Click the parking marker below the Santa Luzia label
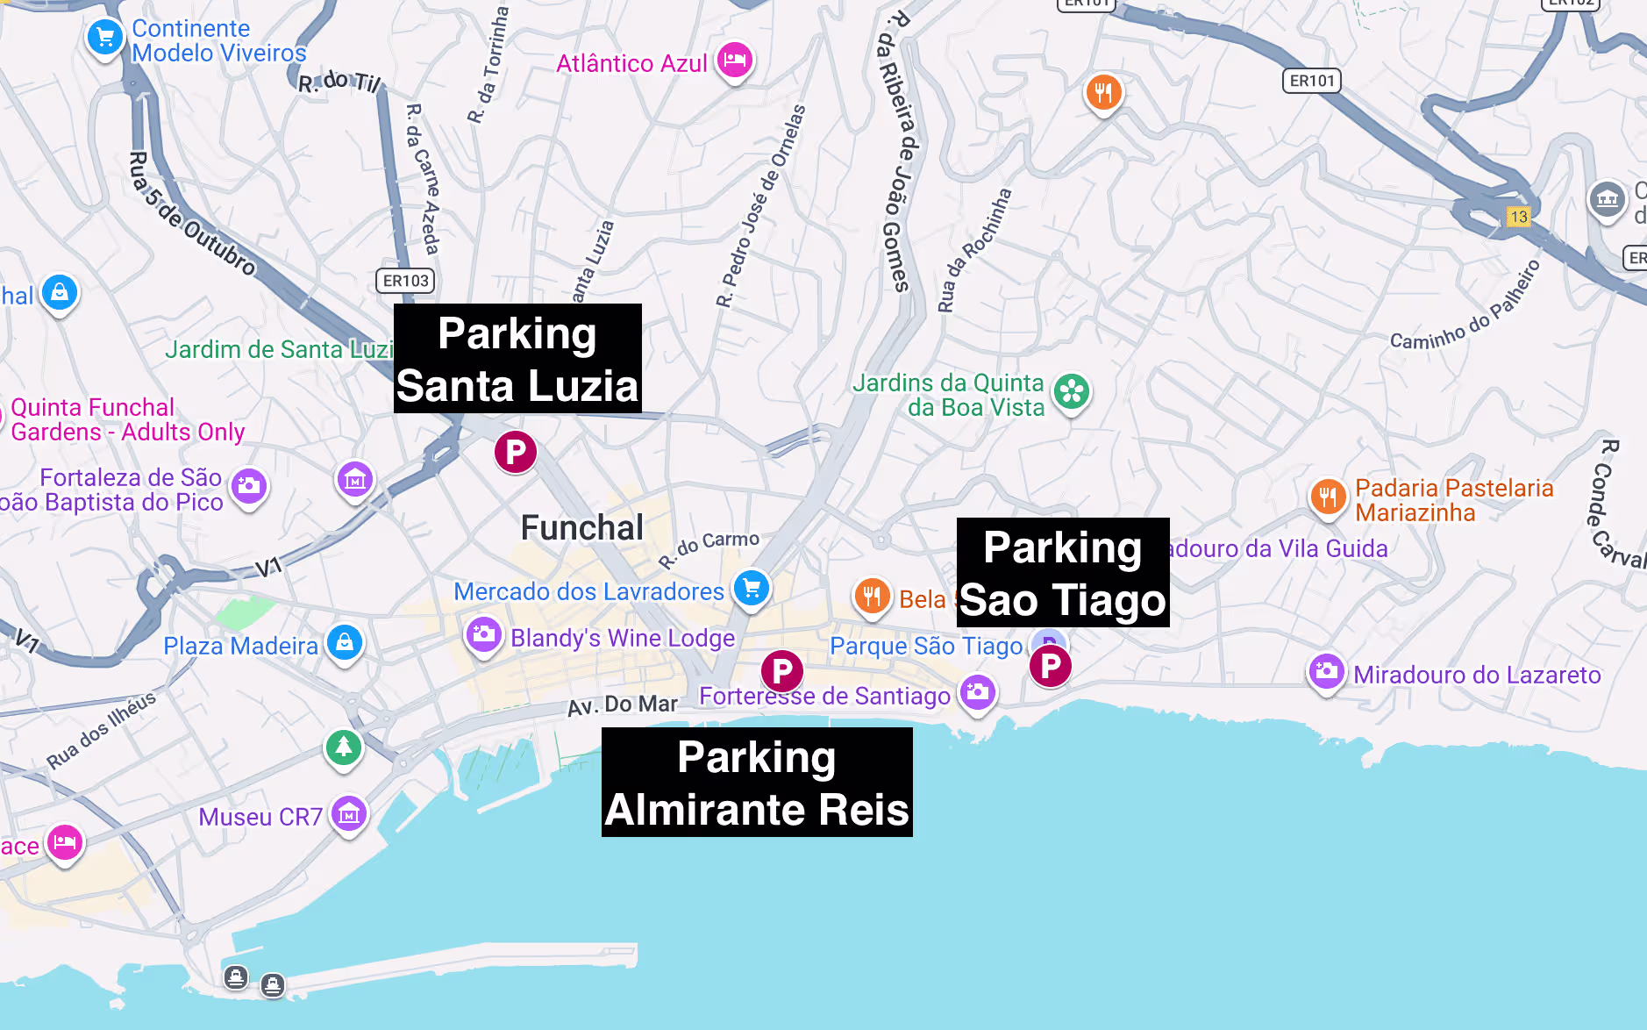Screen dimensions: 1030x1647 click(516, 452)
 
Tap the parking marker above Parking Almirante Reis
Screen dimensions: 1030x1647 click(782, 672)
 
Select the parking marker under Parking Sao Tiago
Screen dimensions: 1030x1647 click(1050, 666)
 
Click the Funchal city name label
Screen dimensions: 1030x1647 click(581, 528)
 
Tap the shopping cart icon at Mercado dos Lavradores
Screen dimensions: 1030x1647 click(752, 588)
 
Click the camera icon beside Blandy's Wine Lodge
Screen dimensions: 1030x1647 click(483, 634)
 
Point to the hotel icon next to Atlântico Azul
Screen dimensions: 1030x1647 click(735, 60)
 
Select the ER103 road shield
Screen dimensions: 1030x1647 click(405, 281)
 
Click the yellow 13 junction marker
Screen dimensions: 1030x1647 click(1518, 217)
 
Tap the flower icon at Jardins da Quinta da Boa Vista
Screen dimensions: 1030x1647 click(1072, 391)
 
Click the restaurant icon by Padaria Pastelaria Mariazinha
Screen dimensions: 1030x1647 click(1328, 497)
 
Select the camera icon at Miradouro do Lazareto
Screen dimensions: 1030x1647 click(1326, 672)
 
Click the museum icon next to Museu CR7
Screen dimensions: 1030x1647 click(349, 814)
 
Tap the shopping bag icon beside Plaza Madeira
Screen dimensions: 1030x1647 click(345, 642)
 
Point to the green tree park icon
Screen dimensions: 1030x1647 click(344, 747)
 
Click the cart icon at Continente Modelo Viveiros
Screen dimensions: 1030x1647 click(105, 38)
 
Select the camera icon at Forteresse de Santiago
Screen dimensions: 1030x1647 click(977, 692)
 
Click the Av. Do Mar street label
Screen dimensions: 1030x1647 click(622, 705)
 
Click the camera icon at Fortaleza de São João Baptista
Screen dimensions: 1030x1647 click(249, 485)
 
